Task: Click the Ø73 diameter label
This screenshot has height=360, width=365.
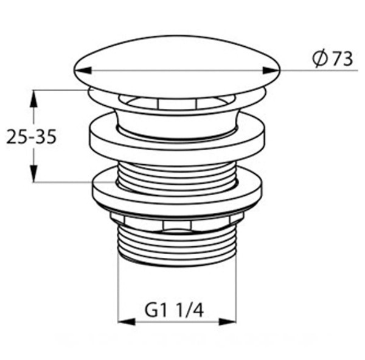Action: coord(332,59)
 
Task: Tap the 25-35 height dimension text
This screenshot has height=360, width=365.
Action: coord(31,137)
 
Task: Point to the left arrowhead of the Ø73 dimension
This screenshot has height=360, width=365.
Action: coord(82,71)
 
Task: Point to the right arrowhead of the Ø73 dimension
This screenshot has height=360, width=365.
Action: coord(271,71)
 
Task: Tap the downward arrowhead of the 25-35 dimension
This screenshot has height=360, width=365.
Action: coord(34,173)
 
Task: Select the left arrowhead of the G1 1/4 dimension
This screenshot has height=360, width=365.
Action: coord(127,322)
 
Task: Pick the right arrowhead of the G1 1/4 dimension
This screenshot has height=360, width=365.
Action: coord(228,322)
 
